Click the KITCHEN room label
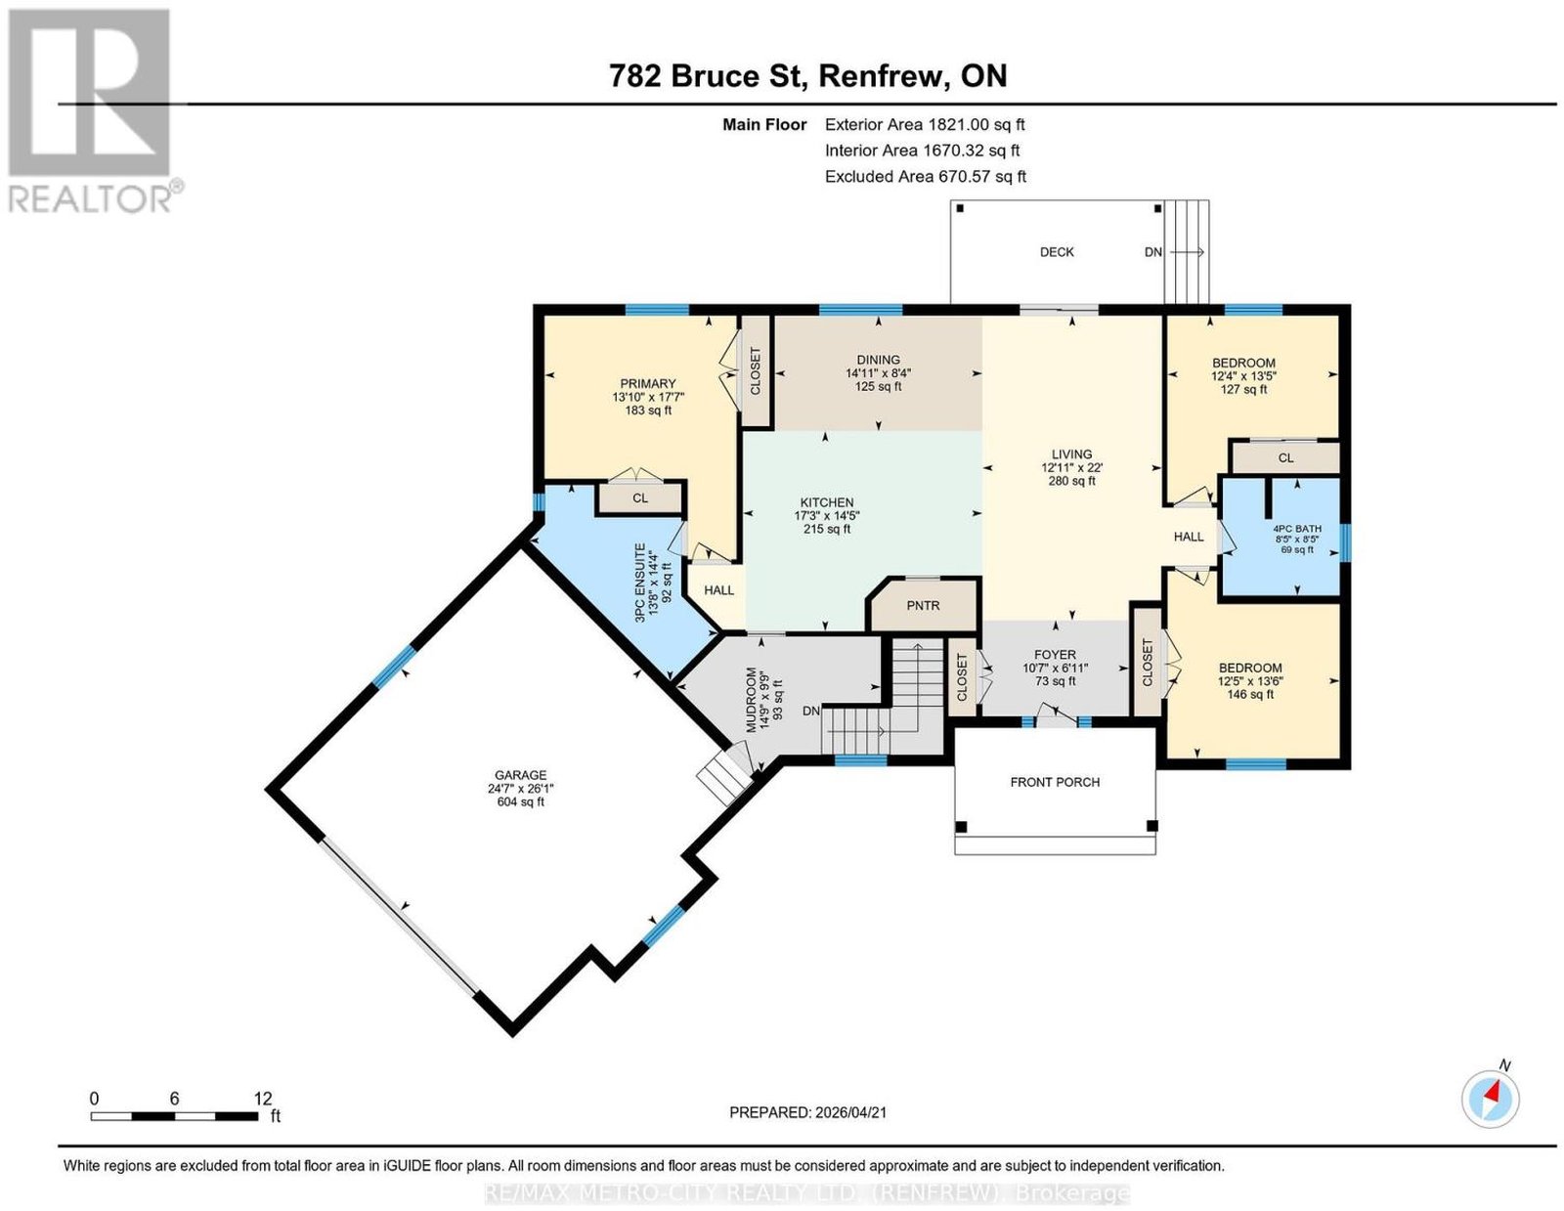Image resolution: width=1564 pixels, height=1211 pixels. [x=827, y=502]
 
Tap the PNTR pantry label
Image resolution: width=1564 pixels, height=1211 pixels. [x=923, y=606]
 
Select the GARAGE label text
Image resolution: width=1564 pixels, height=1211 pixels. [x=520, y=775]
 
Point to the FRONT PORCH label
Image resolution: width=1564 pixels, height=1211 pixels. [x=1055, y=782]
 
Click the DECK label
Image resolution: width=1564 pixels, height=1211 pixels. [x=1057, y=252]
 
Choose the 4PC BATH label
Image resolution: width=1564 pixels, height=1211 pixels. [x=1298, y=528]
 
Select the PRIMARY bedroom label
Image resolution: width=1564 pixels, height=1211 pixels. [x=648, y=383]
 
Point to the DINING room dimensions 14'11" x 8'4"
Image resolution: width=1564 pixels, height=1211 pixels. [x=878, y=373]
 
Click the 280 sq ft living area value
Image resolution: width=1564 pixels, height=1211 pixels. [x=1071, y=481]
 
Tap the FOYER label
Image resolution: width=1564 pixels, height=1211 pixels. [x=1055, y=655]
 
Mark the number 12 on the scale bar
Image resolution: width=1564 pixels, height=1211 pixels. [x=263, y=1099]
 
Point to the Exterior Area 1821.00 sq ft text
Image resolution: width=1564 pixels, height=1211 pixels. [x=925, y=124]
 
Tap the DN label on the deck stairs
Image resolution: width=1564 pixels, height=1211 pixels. [x=1153, y=252]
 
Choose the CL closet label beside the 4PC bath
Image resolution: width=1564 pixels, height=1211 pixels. [x=1286, y=457]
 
